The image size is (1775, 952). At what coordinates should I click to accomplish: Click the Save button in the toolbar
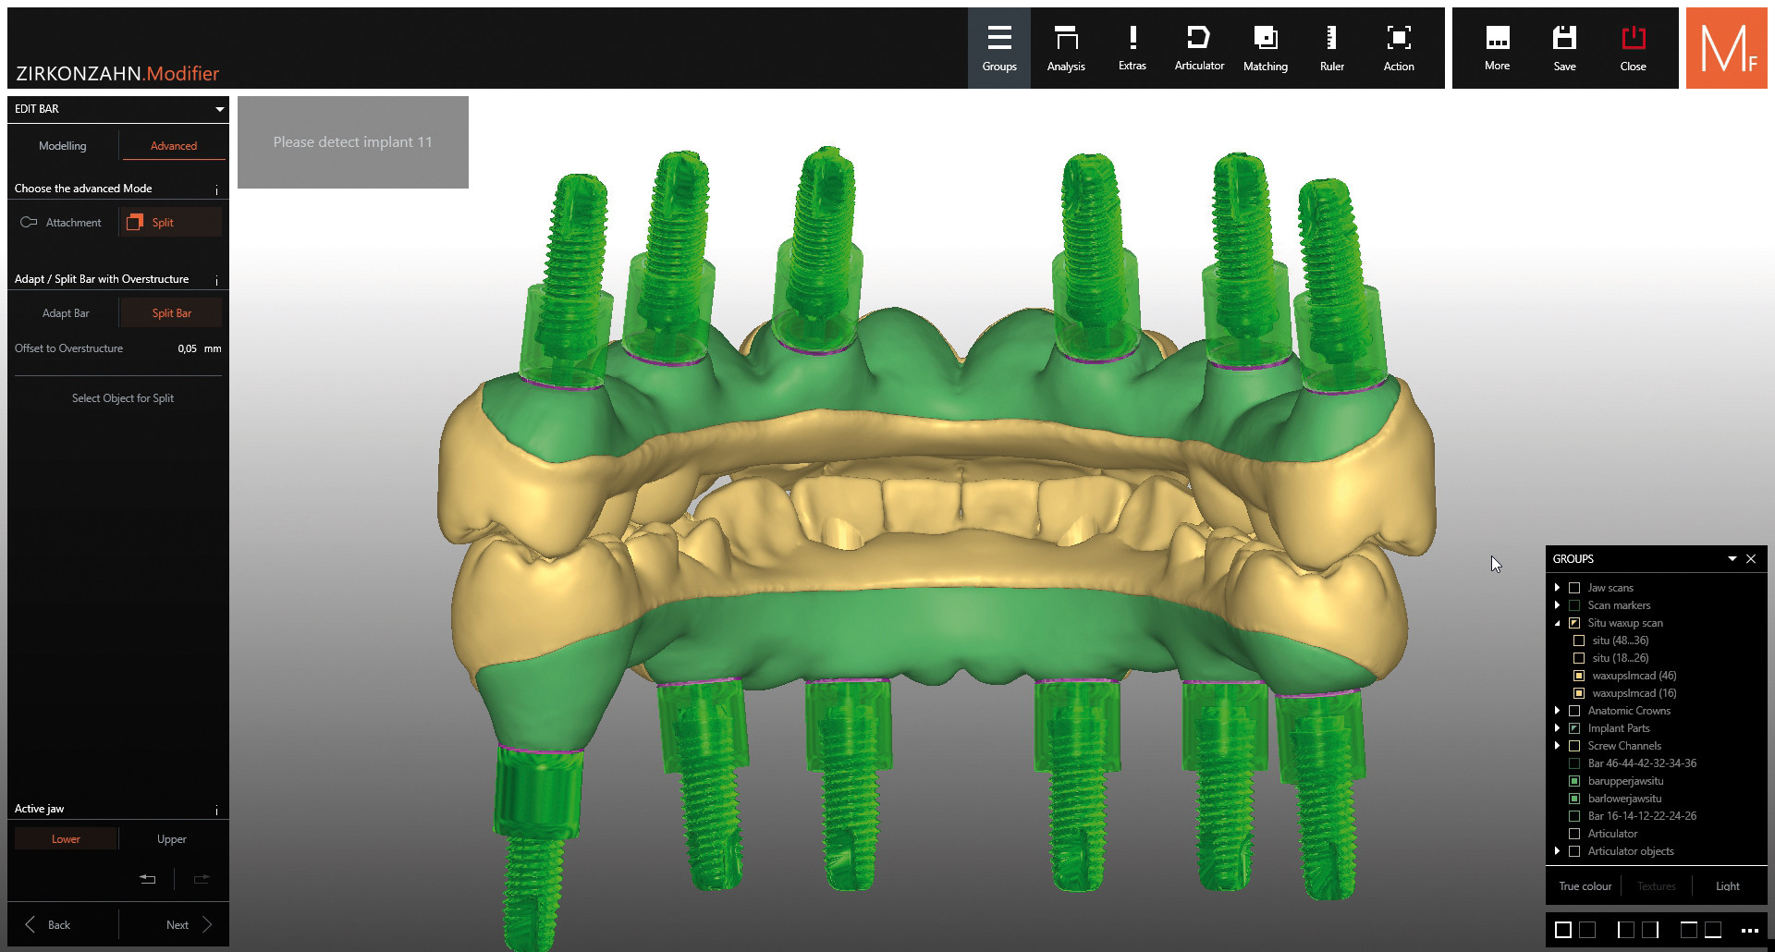click(x=1564, y=48)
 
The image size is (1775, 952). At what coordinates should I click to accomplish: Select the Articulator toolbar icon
click(x=1199, y=48)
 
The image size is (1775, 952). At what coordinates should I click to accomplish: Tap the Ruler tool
click(x=1331, y=48)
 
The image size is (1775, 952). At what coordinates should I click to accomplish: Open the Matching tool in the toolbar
click(x=1265, y=48)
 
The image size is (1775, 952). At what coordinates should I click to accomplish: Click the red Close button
click(x=1633, y=48)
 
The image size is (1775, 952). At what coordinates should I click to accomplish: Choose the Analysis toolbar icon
click(x=1066, y=48)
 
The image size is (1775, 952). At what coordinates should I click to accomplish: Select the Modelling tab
click(x=63, y=146)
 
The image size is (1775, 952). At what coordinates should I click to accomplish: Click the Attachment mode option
click(x=63, y=223)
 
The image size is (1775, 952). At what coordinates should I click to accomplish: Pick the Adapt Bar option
click(x=66, y=313)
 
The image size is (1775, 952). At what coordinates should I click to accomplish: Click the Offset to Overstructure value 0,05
click(x=187, y=348)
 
